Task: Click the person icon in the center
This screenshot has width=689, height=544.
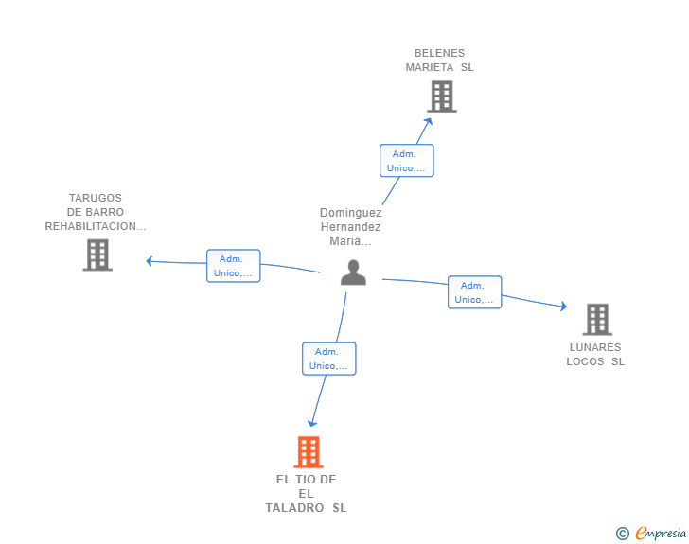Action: point(353,272)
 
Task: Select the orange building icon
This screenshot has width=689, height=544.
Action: point(309,451)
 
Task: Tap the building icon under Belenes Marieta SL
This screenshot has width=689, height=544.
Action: point(442,97)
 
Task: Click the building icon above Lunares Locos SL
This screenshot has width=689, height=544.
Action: point(597,320)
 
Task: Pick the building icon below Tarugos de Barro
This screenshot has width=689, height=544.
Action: point(97,254)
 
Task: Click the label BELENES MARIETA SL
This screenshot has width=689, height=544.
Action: point(439,61)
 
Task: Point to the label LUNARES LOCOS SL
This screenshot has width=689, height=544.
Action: point(595,354)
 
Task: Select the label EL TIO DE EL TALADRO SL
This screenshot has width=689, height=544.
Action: point(307,494)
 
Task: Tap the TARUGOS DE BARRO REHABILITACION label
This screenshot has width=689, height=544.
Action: point(96,212)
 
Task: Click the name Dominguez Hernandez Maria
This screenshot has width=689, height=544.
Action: point(350,227)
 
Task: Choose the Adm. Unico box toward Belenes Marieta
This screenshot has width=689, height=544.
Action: point(406,161)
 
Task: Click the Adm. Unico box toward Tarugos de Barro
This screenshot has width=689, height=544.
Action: point(234,266)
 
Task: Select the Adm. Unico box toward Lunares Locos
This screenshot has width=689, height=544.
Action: point(474,292)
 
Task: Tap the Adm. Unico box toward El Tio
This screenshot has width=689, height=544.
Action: point(329,359)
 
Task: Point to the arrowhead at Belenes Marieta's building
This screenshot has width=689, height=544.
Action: point(428,122)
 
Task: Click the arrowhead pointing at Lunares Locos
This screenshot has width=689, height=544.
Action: point(563,307)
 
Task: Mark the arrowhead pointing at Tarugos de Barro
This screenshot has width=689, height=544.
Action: point(150,261)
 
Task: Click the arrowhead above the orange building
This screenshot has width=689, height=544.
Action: point(312,423)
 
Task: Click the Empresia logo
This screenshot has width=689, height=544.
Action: point(661,533)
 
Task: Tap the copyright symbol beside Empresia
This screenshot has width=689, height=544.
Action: point(623,534)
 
